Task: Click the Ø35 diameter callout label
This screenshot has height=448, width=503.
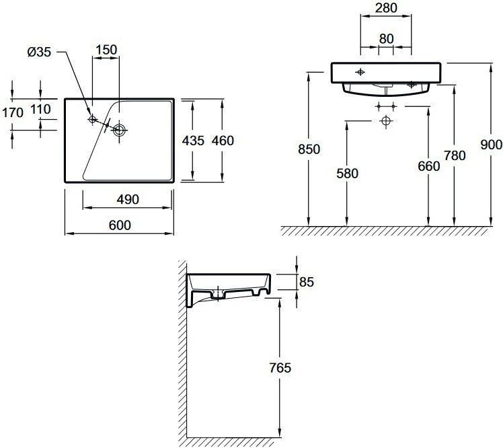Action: click(x=39, y=52)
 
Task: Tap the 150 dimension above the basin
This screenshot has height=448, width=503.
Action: click(x=106, y=50)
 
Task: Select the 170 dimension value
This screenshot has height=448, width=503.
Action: click(x=13, y=112)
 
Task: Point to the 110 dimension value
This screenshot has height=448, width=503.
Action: click(x=40, y=109)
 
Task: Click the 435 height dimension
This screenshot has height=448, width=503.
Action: click(x=193, y=141)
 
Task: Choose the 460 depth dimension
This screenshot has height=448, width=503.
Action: click(x=223, y=141)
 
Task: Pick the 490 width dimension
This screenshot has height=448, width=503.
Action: click(x=128, y=200)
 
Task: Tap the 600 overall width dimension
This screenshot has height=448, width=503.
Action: click(x=120, y=225)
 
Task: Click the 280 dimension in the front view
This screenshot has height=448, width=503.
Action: click(x=386, y=8)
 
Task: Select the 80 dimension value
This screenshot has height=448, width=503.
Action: click(x=386, y=39)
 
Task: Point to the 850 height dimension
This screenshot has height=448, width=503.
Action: click(x=309, y=149)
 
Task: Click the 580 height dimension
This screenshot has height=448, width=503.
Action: click(x=347, y=174)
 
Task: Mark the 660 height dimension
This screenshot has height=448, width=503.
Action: click(x=429, y=166)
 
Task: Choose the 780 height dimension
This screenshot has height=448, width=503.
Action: click(x=455, y=155)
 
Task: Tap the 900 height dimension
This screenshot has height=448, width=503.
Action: click(x=491, y=145)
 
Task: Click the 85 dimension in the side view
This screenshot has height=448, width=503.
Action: click(x=307, y=282)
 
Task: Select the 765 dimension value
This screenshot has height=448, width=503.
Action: click(x=280, y=368)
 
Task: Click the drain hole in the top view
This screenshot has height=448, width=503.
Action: click(x=119, y=130)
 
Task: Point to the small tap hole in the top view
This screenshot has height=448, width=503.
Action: click(x=92, y=119)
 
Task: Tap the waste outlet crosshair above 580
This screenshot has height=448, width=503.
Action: click(x=386, y=121)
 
